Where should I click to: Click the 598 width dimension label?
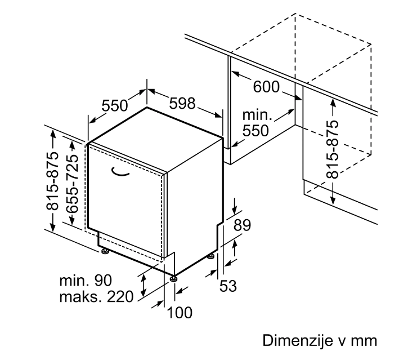pos(182,103)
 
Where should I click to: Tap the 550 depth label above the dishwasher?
pos(114,105)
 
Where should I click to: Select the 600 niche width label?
pos(266,87)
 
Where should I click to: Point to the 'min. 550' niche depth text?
pos(257,123)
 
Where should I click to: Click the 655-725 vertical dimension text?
pos(72,184)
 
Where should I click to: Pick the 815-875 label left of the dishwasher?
pos(52,181)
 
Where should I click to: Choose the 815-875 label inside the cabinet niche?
pos(332,149)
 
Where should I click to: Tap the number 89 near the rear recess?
pos(242,225)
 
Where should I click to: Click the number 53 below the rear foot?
pos(228,286)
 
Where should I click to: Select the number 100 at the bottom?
pos(180,313)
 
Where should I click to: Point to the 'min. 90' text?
pos(86,281)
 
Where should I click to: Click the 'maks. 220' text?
pos(97,297)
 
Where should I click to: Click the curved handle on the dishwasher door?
pos(120,172)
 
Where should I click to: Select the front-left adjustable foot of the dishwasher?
pos(105,251)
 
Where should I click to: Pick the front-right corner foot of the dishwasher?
pos(173,278)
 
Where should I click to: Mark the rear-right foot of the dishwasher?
pos(211,256)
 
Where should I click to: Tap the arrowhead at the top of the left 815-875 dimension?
pos(53,132)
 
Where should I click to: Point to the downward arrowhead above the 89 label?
pos(235,211)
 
